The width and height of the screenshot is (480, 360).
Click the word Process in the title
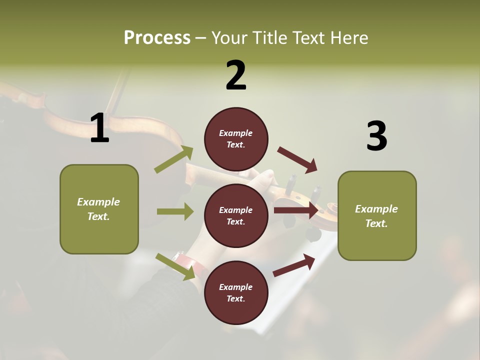(x=157, y=38)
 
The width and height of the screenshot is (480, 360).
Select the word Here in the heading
(x=348, y=38)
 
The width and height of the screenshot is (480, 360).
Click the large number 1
(x=99, y=128)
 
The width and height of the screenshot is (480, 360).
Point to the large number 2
(x=236, y=75)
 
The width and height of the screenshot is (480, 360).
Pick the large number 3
(x=376, y=136)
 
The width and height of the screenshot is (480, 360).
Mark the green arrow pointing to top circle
(x=174, y=159)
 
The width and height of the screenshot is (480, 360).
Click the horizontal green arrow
(x=175, y=211)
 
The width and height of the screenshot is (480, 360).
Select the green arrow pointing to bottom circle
(x=175, y=266)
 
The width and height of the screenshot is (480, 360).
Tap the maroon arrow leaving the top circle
(x=297, y=159)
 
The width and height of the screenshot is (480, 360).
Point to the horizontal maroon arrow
(x=295, y=210)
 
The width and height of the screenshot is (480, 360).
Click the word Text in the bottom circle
(x=235, y=299)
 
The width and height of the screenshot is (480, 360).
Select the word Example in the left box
(x=98, y=202)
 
